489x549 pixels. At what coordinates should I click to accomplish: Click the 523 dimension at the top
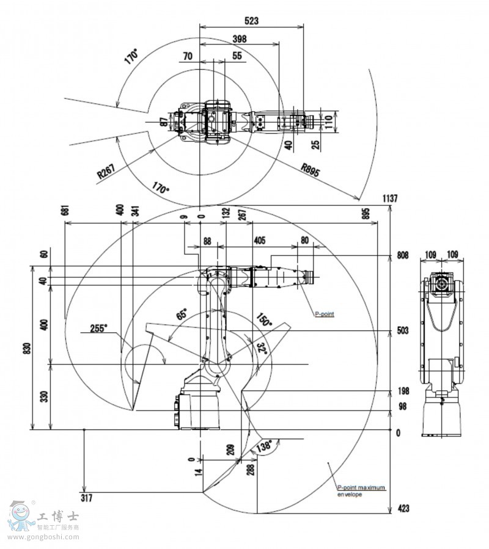[251, 21]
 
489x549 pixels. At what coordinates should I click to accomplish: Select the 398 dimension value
[240, 39]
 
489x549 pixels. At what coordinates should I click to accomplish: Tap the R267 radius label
[106, 171]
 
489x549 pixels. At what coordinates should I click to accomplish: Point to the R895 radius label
[311, 169]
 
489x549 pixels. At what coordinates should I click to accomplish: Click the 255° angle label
[99, 328]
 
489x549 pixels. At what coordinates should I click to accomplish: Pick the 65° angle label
[182, 314]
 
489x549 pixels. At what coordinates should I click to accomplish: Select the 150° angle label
[264, 319]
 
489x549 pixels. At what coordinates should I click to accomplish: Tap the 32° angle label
[262, 348]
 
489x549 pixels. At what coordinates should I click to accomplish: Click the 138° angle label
[263, 446]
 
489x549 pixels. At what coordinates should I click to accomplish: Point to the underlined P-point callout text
[324, 314]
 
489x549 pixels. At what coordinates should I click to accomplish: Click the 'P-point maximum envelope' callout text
[361, 490]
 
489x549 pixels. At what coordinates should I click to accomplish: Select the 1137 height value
[390, 198]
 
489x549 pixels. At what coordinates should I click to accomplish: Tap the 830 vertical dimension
[28, 349]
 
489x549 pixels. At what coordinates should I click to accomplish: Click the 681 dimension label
[65, 210]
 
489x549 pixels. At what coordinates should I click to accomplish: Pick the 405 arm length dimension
[260, 240]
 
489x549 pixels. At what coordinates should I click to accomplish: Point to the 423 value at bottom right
[403, 508]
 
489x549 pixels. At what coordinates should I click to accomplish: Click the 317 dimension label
[86, 498]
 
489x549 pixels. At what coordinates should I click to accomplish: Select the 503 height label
[402, 330]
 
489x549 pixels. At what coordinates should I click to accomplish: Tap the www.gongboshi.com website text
[43, 537]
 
